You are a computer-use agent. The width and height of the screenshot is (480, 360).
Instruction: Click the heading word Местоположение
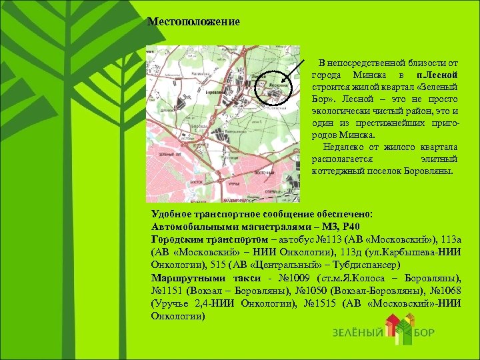[x=193, y=22]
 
